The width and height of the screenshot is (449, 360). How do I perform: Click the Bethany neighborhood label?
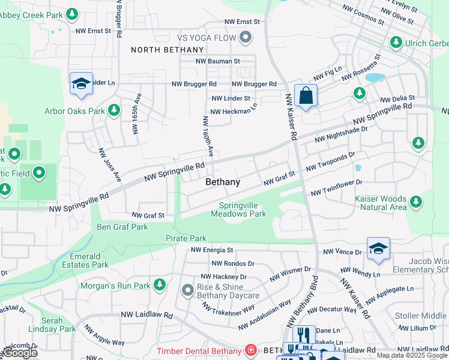[x=223, y=182]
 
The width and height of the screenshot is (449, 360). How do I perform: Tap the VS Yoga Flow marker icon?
[x=245, y=38]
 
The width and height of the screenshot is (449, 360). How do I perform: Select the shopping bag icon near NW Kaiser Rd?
[x=306, y=95]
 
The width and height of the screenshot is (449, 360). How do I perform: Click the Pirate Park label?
[x=186, y=238]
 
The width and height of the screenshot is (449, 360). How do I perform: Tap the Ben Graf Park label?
[x=122, y=227]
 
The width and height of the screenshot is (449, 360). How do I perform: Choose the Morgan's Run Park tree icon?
[x=159, y=284]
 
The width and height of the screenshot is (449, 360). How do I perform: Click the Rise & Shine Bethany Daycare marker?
[x=187, y=291]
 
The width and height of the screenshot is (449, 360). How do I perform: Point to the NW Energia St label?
[x=212, y=250]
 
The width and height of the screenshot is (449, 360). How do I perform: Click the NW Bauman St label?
[x=218, y=61]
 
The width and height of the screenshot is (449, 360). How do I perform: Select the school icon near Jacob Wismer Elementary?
[x=378, y=249]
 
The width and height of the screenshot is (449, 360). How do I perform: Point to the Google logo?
[x=20, y=353]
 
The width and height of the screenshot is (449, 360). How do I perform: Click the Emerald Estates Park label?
[x=85, y=260]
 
